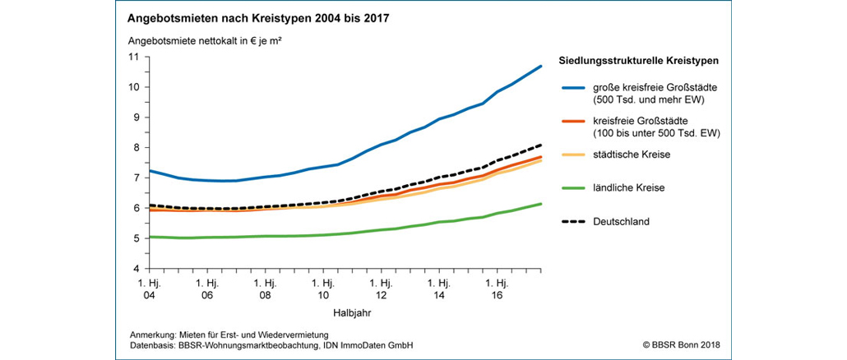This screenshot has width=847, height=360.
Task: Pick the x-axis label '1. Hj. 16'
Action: [496, 288]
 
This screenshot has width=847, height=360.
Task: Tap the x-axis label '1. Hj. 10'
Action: [322, 288]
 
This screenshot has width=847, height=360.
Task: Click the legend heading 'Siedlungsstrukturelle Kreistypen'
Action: [639, 61]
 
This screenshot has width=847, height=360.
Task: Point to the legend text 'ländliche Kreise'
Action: [627, 187]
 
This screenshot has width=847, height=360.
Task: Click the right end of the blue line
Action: [539, 66]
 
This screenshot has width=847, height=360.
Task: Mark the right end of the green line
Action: [539, 204]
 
